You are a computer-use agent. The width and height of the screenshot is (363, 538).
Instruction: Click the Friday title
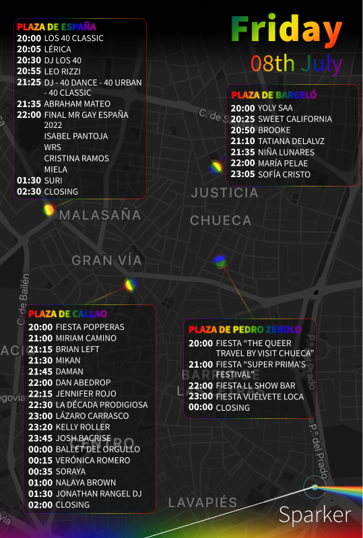point(287,30)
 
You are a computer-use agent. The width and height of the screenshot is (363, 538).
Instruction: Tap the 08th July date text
point(297,64)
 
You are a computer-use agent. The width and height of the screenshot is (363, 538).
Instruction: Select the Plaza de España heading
point(57,27)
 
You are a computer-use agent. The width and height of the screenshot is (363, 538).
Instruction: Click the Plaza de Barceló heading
point(273,95)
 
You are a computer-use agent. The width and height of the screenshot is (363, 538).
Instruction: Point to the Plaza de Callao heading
point(67,314)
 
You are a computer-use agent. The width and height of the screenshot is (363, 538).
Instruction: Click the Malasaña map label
point(100,215)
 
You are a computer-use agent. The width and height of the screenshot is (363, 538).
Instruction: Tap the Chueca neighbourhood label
point(220,221)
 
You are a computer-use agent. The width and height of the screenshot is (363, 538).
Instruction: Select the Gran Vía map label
point(107,261)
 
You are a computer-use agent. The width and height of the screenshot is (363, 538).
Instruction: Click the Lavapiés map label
point(203,503)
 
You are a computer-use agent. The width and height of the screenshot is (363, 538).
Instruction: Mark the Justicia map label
point(224,193)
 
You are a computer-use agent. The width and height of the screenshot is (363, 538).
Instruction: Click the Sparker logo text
point(315,515)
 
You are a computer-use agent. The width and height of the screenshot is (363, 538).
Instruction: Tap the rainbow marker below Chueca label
point(220,261)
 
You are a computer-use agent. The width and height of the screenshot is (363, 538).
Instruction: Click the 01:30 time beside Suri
point(29,180)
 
